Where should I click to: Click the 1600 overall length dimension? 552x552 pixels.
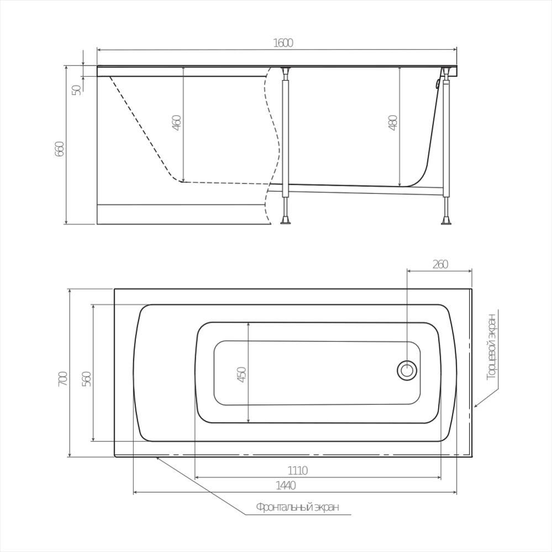[x=283, y=43]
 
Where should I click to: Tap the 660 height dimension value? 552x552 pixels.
[x=60, y=149]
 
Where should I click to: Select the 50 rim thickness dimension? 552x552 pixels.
[x=76, y=90]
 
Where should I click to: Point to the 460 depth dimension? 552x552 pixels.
[x=177, y=123]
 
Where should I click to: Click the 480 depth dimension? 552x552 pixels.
[x=393, y=123]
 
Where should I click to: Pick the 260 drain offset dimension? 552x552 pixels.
[x=440, y=264]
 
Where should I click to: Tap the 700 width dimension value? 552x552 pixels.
[x=62, y=378]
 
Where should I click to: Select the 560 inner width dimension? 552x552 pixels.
[x=87, y=378]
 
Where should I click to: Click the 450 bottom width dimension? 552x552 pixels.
[x=242, y=375]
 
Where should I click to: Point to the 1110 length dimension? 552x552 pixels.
[x=297, y=470]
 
